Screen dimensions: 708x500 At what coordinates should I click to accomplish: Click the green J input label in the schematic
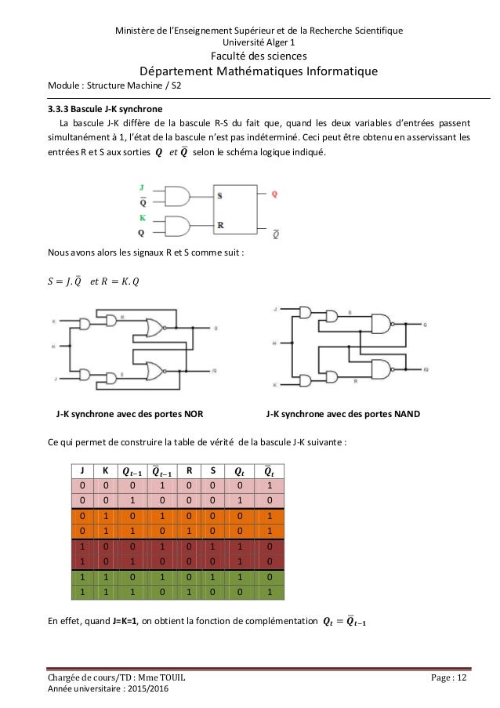pos(142,188)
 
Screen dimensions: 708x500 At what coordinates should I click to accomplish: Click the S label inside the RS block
pos(221,197)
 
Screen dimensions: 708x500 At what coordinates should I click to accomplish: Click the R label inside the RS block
pos(221,224)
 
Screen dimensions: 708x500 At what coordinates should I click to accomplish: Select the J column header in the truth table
pos(81,471)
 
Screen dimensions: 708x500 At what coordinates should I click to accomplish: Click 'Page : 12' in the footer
pos(458,676)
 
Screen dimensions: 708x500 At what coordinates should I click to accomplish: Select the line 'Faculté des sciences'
pos(249,56)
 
